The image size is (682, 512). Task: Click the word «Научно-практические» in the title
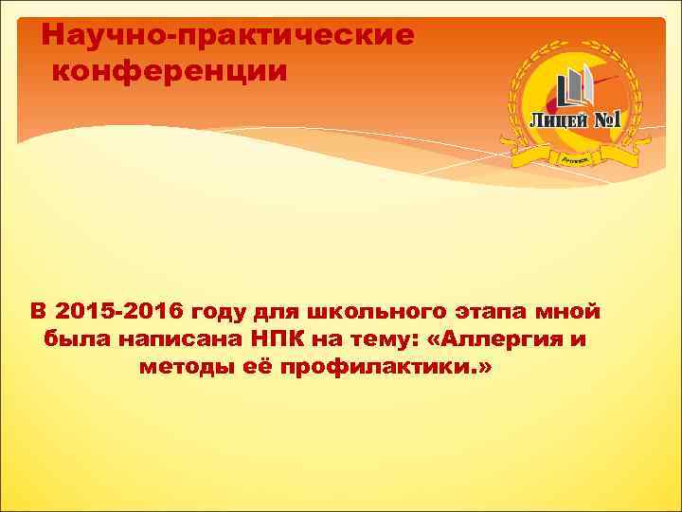[228, 36]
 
